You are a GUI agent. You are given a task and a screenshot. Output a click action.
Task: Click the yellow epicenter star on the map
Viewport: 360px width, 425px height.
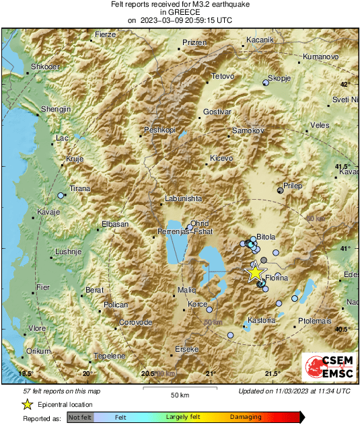tap(255, 272)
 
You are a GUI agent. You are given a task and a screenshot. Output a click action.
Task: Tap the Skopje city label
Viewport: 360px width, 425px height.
tap(279, 79)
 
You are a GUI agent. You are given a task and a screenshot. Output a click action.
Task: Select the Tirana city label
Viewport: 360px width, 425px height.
tap(80, 189)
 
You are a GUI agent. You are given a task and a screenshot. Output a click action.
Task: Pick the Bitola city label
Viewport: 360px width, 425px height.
tap(266, 237)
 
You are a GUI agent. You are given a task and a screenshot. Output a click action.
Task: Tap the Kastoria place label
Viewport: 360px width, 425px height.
tap(262, 320)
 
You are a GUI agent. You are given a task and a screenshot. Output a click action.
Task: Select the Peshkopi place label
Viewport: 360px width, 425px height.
tap(159, 129)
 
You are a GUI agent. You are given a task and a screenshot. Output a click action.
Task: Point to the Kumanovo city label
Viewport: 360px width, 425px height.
tap(320, 57)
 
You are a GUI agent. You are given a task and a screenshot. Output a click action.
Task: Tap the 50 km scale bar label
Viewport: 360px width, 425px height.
tap(179, 395)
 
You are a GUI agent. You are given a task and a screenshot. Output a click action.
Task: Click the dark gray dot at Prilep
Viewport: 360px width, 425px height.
tap(280, 190)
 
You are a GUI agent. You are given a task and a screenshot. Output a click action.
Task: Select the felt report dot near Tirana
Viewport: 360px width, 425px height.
tap(61, 195)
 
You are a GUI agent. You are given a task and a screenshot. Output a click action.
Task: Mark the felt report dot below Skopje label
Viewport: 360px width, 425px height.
tap(265, 83)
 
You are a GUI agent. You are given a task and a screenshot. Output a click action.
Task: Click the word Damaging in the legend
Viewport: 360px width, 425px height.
tap(246, 418)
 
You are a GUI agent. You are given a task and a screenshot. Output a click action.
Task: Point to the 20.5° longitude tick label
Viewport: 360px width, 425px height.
tap(149, 374)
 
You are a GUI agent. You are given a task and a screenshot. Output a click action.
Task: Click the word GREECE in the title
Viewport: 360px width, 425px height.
tap(180, 12)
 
